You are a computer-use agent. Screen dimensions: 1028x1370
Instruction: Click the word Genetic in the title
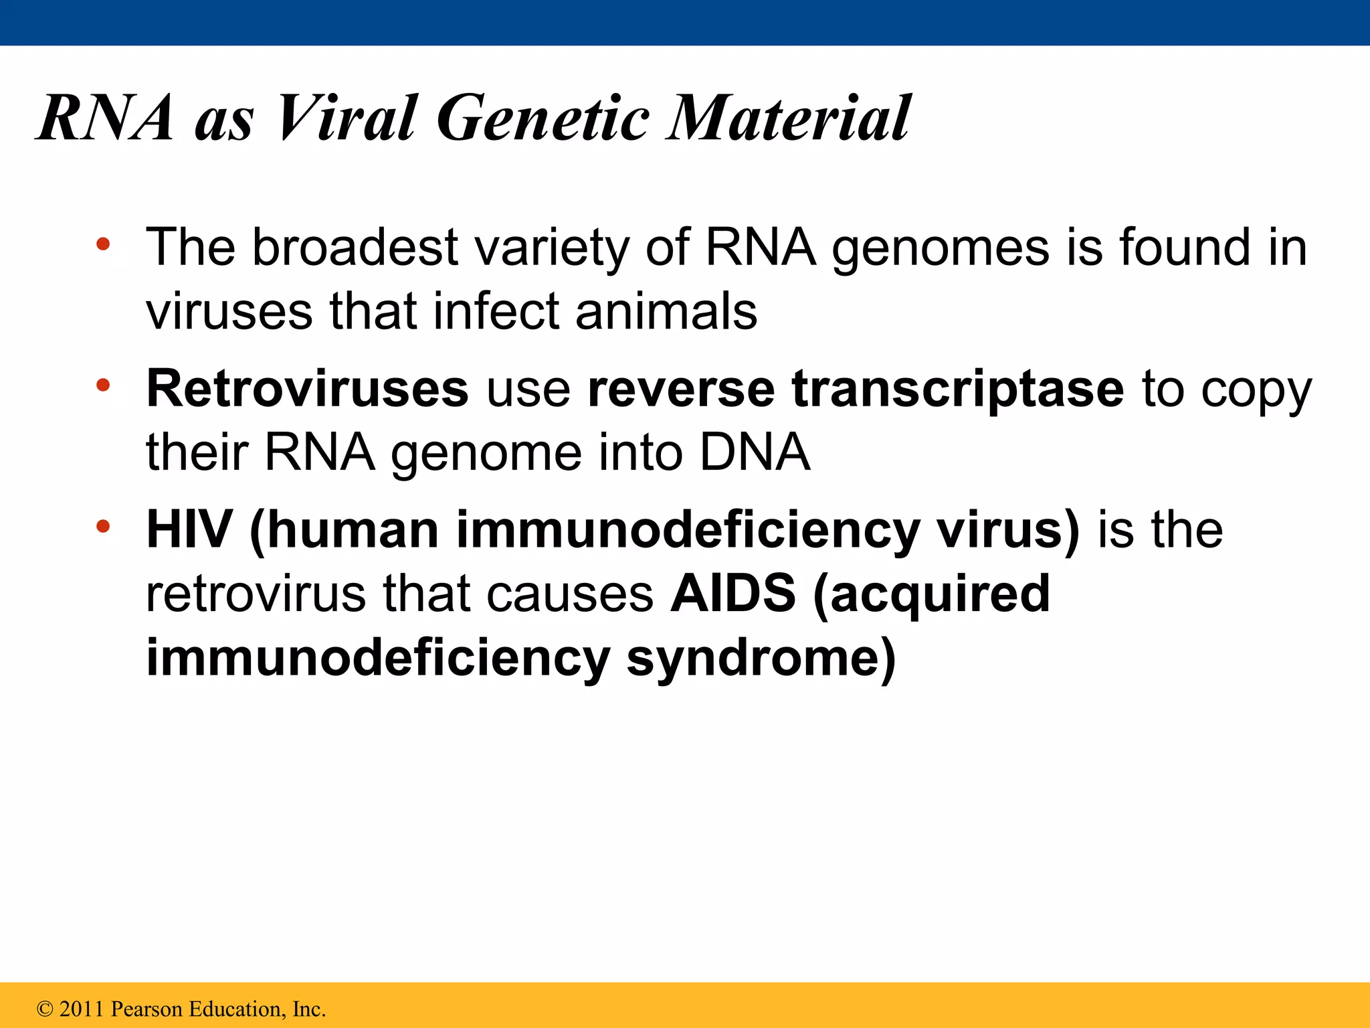tap(543, 118)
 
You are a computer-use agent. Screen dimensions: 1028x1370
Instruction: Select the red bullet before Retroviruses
tap(102, 385)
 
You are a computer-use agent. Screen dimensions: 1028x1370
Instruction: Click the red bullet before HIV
tap(102, 526)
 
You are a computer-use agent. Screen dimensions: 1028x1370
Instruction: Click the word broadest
tap(355, 247)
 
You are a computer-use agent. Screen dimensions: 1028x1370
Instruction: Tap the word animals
tap(666, 311)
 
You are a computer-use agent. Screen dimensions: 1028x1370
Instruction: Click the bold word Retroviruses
tap(307, 388)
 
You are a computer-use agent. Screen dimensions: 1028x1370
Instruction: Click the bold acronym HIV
tap(189, 529)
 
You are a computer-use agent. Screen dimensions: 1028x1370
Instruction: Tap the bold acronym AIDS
tap(732, 593)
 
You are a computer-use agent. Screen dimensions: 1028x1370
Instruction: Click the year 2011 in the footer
tap(82, 1009)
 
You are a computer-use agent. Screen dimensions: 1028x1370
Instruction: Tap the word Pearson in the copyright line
tap(146, 1009)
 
